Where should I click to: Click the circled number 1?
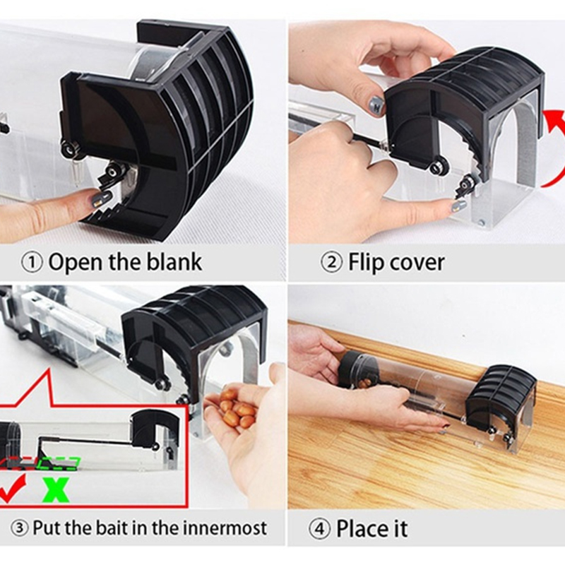tap(32, 263)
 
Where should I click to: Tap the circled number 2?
tap(331, 263)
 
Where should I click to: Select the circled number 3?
tap(20, 528)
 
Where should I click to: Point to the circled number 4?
tap(320, 529)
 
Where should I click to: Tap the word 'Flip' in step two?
tap(364, 263)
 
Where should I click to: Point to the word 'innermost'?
tap(225, 528)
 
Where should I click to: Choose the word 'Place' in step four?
tap(362, 528)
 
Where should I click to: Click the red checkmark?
tap(12, 488)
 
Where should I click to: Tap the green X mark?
tap(56, 489)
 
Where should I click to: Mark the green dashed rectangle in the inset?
tap(59, 463)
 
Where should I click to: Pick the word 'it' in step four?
tap(400, 528)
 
